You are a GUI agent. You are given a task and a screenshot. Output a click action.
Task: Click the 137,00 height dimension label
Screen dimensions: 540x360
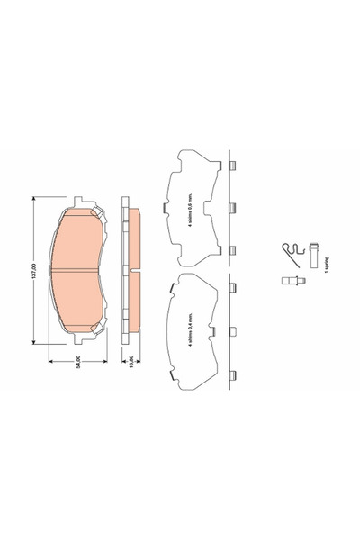[34, 269]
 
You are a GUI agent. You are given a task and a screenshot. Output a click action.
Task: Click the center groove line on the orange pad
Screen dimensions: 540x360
[79, 269]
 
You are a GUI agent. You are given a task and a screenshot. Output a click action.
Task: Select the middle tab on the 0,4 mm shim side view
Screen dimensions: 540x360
[234, 329]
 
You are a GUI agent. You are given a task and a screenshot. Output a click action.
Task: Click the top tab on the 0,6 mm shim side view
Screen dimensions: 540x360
[234, 166]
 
